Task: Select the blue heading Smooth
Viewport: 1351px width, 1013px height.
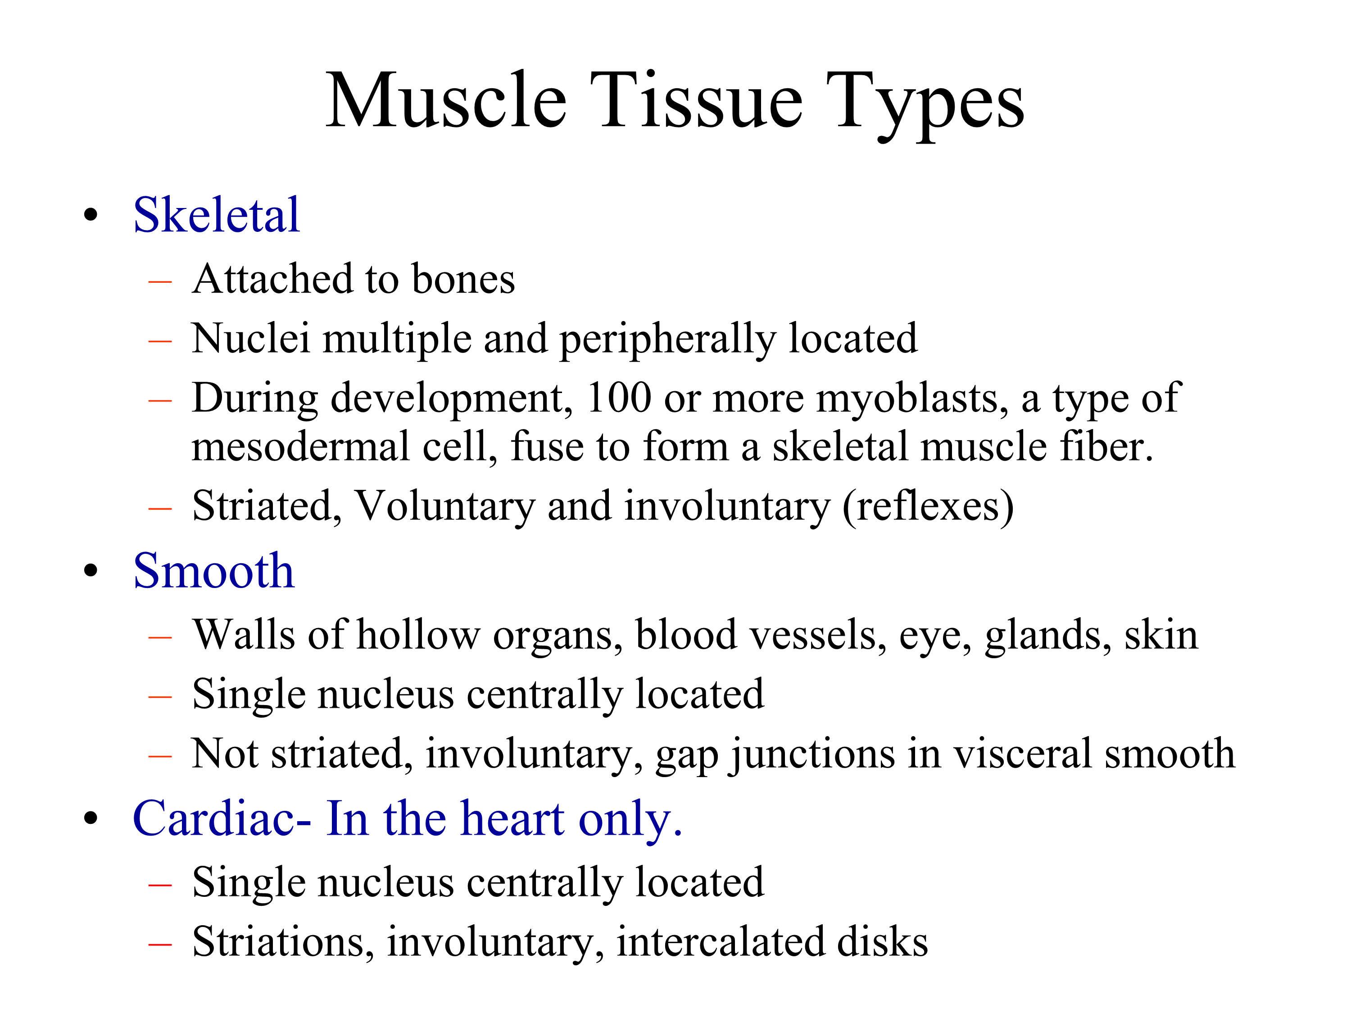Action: [x=214, y=570]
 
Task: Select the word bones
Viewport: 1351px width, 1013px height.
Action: [x=463, y=280]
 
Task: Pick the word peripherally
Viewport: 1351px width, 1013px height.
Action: [x=667, y=340]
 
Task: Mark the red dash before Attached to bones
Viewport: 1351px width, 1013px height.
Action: [x=160, y=281]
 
